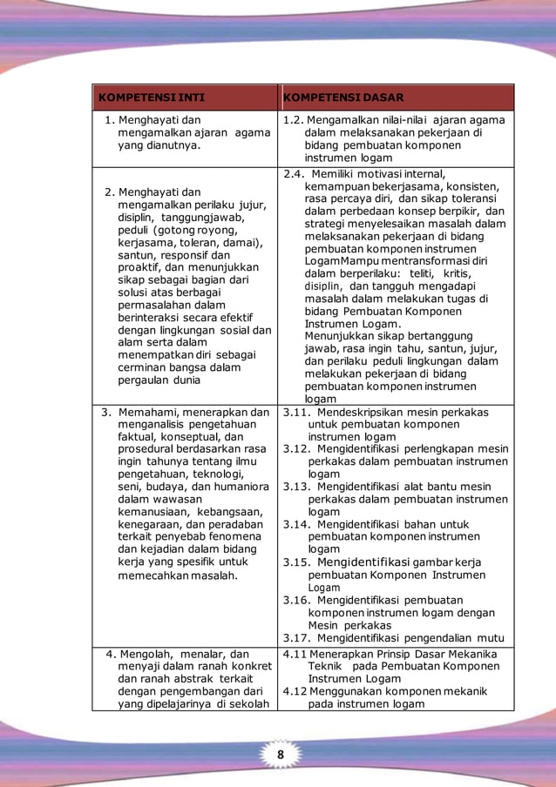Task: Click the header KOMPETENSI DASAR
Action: tap(343, 98)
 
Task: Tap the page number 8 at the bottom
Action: tap(281, 754)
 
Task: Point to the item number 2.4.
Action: tap(295, 174)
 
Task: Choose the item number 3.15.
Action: tap(298, 562)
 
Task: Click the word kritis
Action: tap(471, 273)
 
